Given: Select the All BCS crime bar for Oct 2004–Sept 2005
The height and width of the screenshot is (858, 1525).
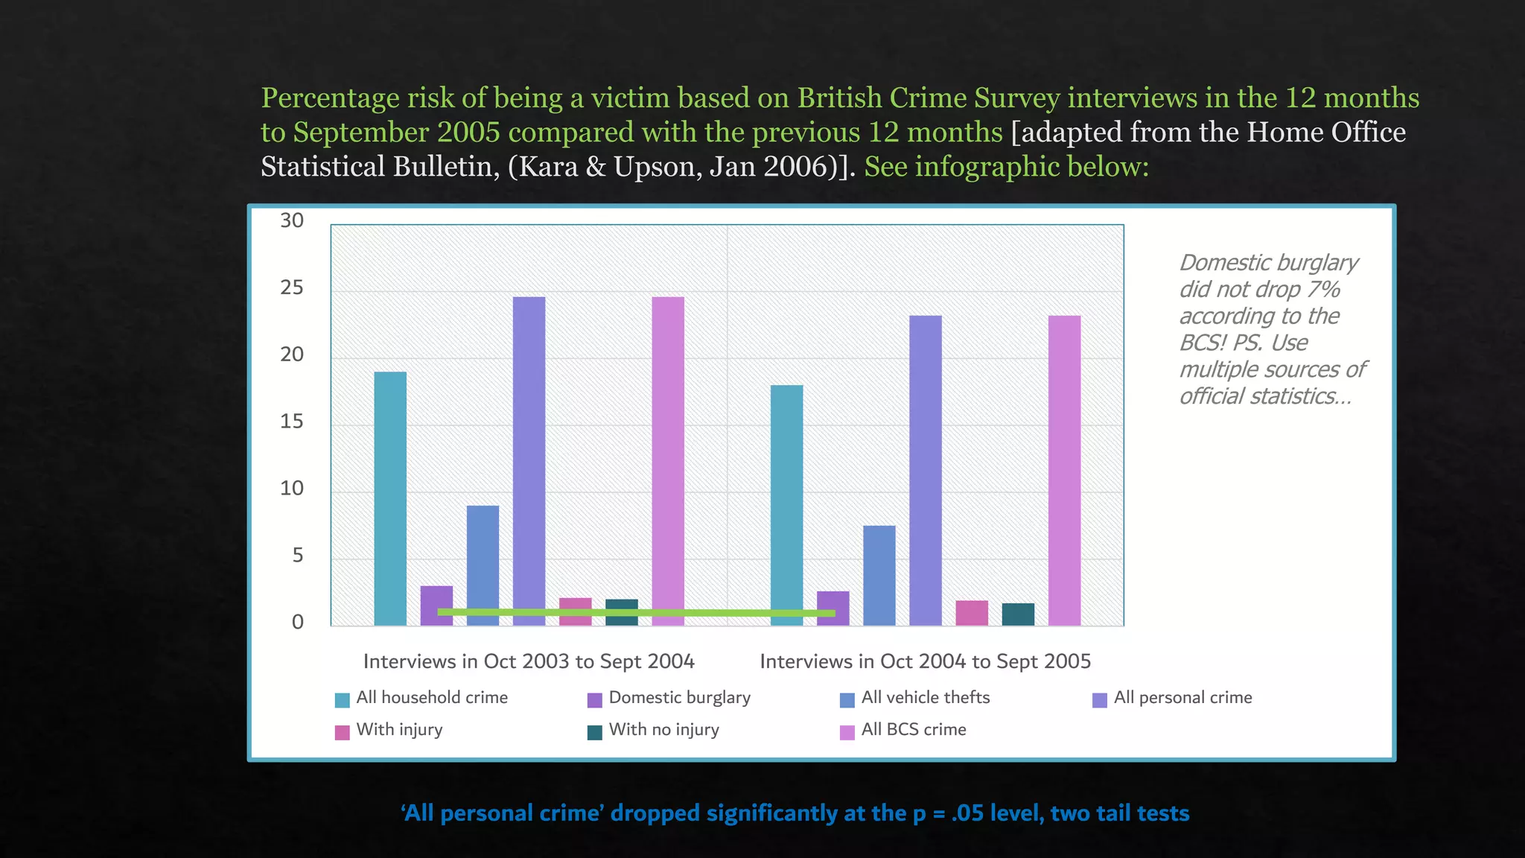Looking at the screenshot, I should pyautogui.click(x=1064, y=470).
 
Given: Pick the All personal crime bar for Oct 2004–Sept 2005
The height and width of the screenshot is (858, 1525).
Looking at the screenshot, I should pyautogui.click(x=925, y=470).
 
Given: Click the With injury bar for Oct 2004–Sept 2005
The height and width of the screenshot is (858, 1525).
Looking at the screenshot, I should pyautogui.click(x=972, y=613).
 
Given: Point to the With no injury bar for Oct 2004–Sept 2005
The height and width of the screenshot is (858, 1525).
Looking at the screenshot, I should pyautogui.click(x=1018, y=614).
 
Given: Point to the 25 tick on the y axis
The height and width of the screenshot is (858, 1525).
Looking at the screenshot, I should pyautogui.click(x=292, y=287).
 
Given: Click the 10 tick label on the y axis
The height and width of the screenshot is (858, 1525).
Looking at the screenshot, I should pyautogui.click(x=292, y=489).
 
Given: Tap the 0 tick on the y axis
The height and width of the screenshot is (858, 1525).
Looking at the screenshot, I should pyautogui.click(x=297, y=623).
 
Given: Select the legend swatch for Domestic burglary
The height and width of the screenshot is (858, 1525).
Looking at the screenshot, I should pyautogui.click(x=594, y=700).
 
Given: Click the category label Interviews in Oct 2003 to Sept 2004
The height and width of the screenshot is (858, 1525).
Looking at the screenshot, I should pyautogui.click(x=529, y=661).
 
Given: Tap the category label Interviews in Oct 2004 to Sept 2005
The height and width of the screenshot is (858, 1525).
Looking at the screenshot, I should pyautogui.click(x=925, y=661).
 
